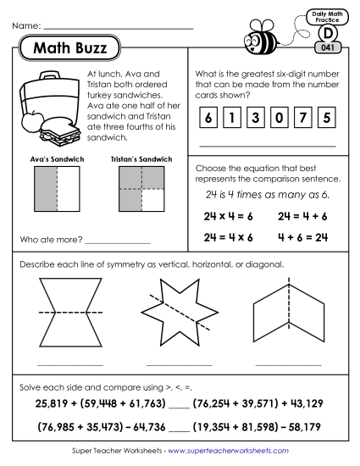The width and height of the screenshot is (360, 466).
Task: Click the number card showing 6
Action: tap(208, 117)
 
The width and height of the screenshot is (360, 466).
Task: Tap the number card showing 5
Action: tap(327, 117)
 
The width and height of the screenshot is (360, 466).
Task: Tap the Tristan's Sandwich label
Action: tap(141, 158)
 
